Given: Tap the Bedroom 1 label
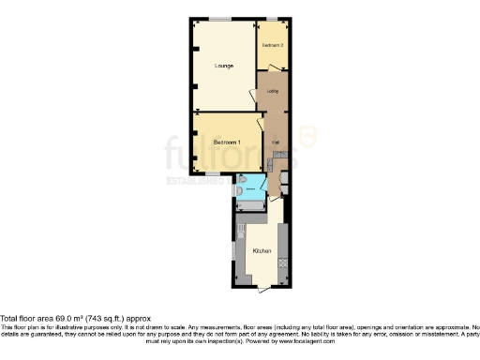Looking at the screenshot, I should pos(227,141).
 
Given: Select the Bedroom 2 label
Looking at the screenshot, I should pos(272,45).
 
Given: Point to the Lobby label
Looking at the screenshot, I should pos(273,91).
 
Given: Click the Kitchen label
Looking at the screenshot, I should pos(262,251).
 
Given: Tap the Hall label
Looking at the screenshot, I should pos(276,141).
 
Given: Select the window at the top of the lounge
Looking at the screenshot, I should pos(221,19).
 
